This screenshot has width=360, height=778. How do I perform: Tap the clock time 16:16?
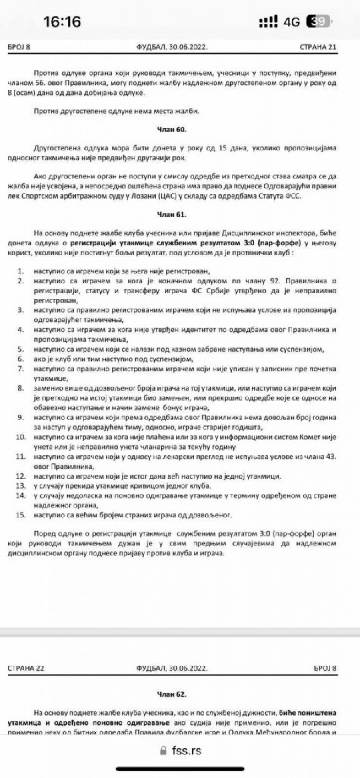(x=62, y=21)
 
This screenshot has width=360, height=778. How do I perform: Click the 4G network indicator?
(x=292, y=22)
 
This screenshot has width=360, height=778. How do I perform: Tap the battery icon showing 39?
(x=318, y=21)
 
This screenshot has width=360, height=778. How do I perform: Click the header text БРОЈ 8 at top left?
(x=19, y=47)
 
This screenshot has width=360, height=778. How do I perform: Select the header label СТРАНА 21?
(x=318, y=47)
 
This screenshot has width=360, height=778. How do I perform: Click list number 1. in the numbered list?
(x=21, y=271)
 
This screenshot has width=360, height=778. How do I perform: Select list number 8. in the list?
(x=21, y=388)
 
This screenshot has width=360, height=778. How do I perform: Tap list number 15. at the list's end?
(x=21, y=515)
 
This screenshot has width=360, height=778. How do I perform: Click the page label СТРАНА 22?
(x=26, y=668)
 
